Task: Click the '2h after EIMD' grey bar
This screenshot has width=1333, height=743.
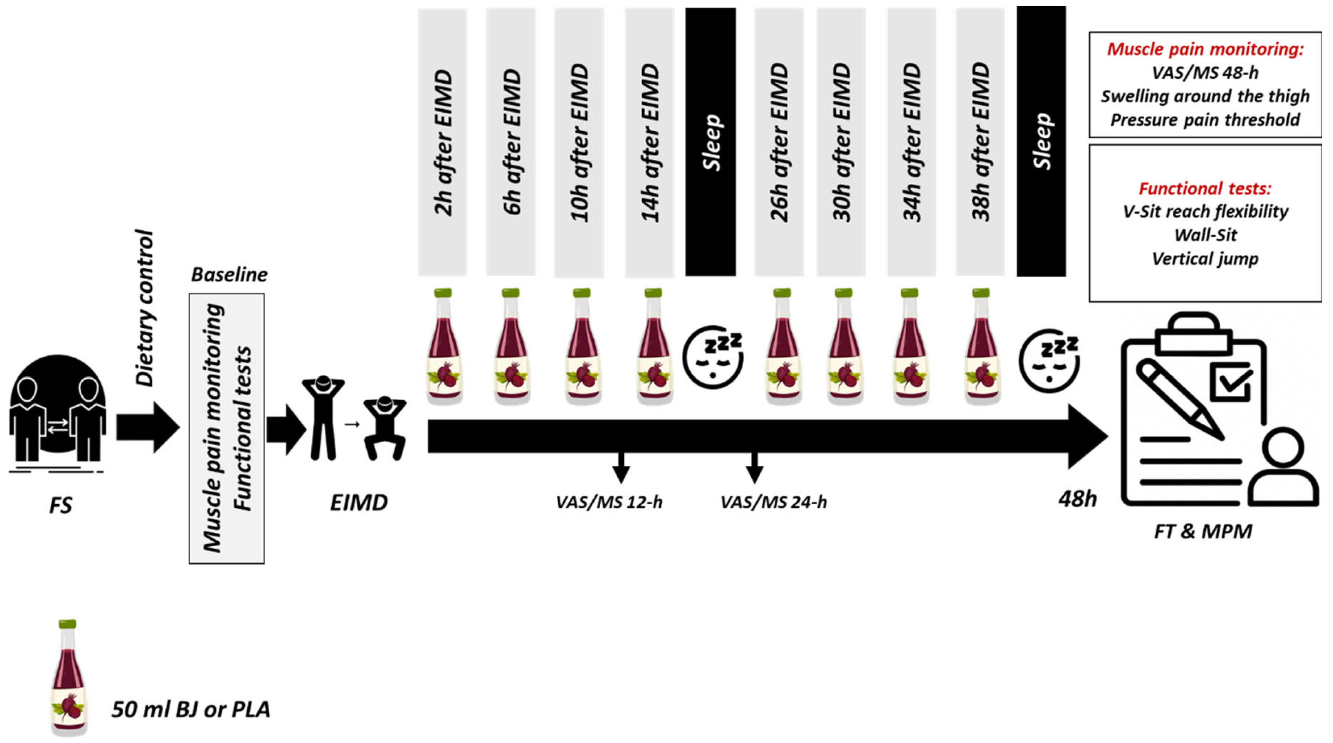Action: (x=443, y=142)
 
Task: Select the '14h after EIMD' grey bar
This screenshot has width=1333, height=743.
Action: (x=650, y=142)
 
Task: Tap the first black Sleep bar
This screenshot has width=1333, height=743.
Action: (x=710, y=142)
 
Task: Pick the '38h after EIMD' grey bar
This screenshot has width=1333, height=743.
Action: (x=980, y=142)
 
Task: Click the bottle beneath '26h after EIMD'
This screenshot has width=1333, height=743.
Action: (x=783, y=347)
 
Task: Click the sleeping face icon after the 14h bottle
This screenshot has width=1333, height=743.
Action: (x=713, y=357)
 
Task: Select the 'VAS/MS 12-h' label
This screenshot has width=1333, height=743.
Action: (x=609, y=502)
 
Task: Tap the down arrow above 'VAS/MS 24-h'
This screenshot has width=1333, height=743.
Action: (x=755, y=468)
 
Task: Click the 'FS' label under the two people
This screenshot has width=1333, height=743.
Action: (x=61, y=505)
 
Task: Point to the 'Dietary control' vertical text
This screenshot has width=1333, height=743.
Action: (x=145, y=308)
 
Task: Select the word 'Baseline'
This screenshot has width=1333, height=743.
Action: (x=229, y=275)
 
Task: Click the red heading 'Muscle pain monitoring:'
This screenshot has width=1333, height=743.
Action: (x=1205, y=50)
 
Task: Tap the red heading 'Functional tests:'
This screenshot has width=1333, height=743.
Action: (x=1205, y=188)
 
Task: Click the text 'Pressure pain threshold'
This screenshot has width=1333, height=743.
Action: (x=1205, y=120)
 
